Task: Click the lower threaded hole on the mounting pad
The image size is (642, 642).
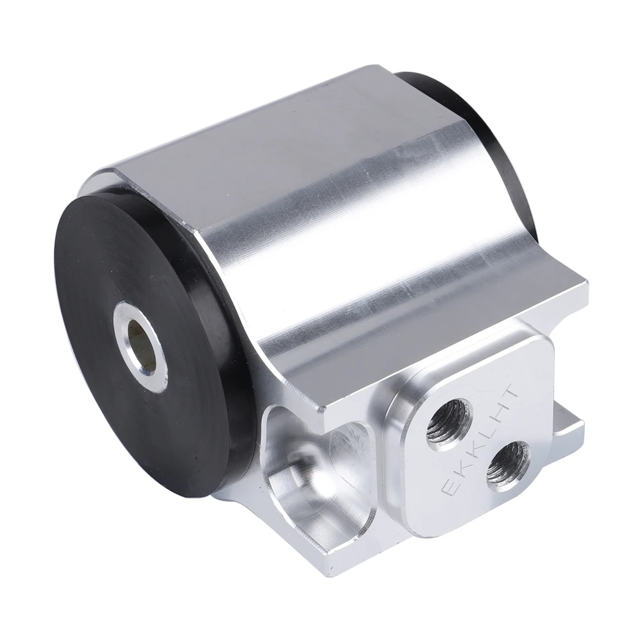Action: [x=508, y=465]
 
